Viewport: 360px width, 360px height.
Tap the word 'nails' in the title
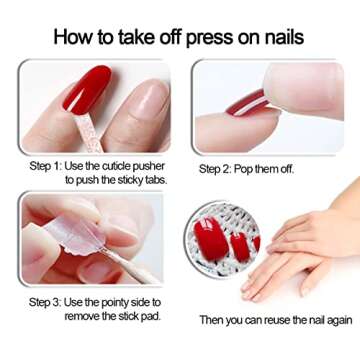pyautogui.click(x=283, y=36)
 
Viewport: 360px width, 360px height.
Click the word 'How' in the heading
pyautogui.click(x=72, y=36)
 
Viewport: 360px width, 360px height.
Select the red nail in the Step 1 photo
pyautogui.click(x=87, y=89)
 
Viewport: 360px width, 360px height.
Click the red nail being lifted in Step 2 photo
pyautogui.click(x=247, y=104)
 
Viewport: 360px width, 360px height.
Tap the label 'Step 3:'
pyautogui.click(x=45, y=303)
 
